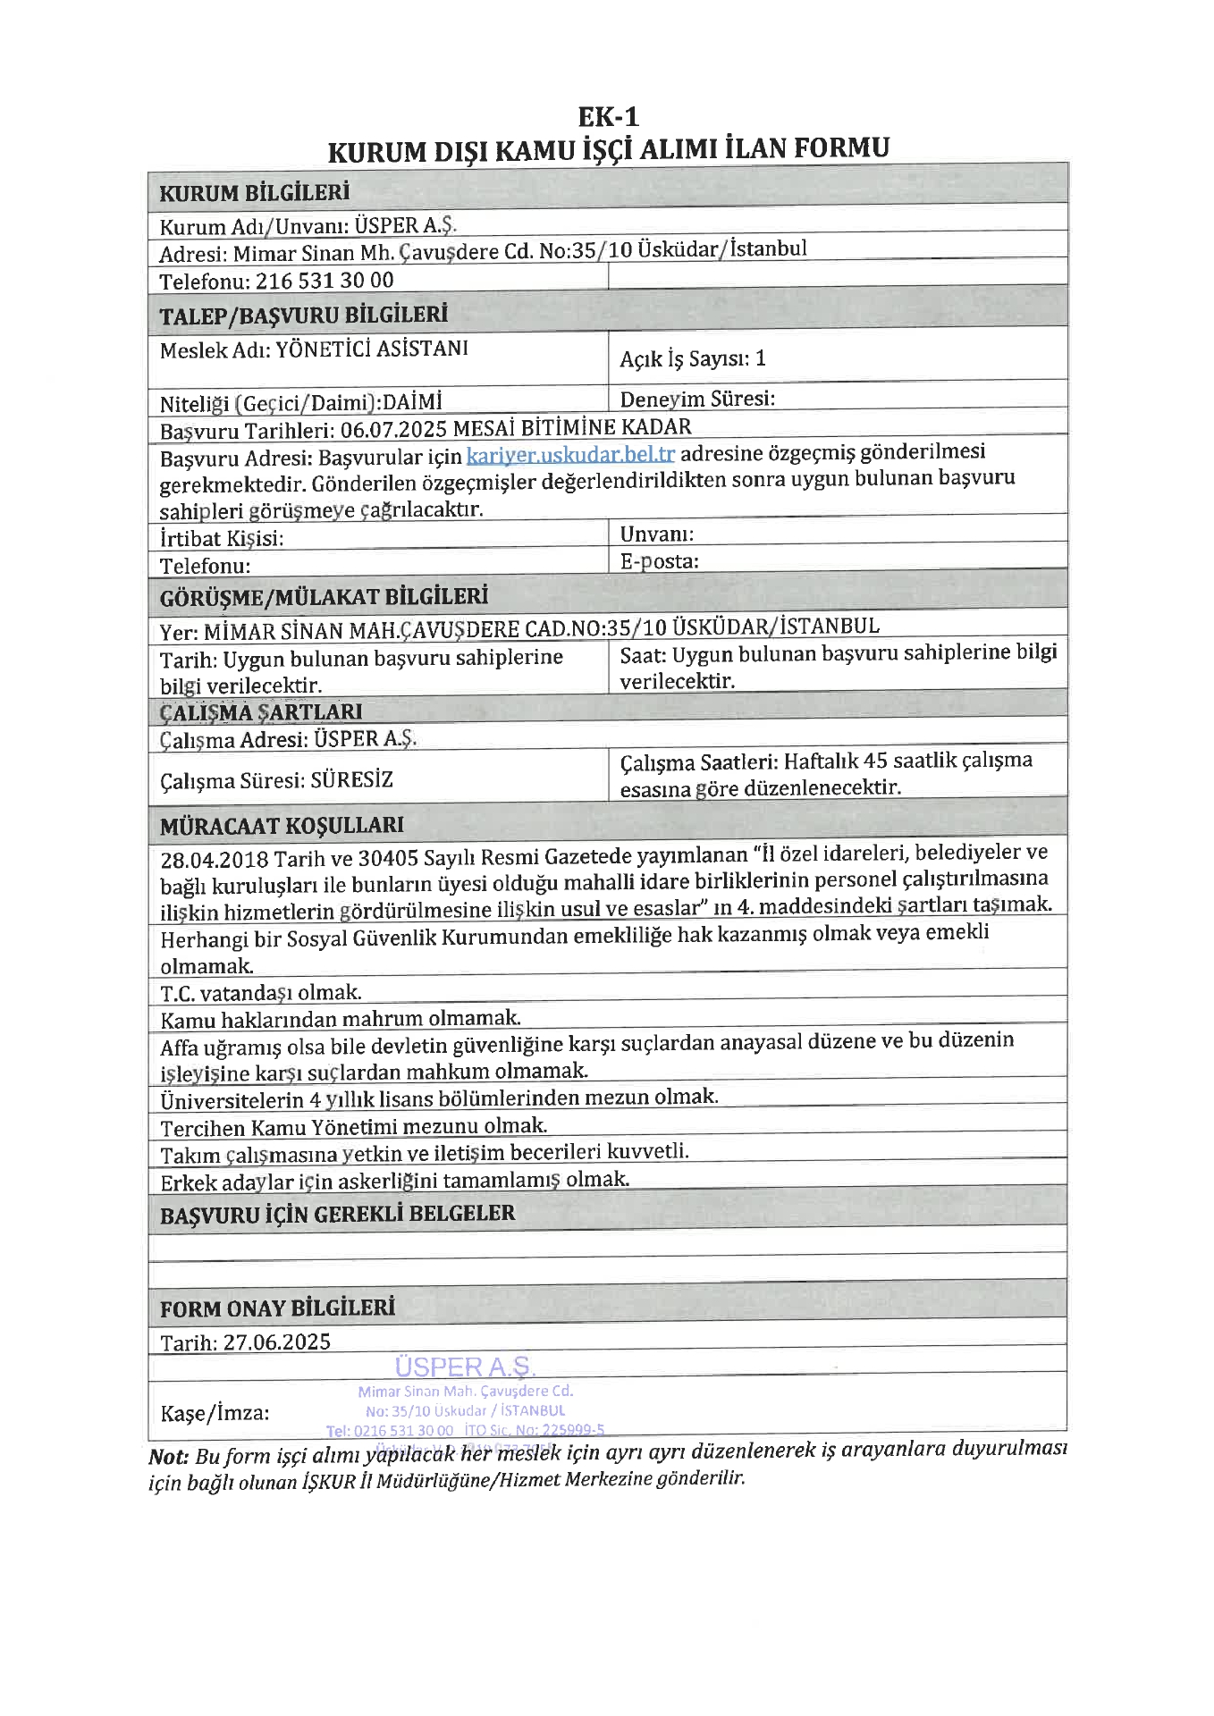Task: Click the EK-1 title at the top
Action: coord(608,117)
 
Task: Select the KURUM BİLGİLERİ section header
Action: coord(254,193)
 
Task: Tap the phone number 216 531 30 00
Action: coord(325,281)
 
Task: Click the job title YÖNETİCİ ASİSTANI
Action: coord(372,349)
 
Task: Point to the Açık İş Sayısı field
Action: coord(693,359)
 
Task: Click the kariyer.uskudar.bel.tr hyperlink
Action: coord(570,455)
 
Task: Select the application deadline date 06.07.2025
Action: coord(393,430)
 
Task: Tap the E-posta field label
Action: coord(659,561)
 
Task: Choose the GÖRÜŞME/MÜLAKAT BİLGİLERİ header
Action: coord(324,598)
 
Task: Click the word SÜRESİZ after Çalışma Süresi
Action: coord(351,780)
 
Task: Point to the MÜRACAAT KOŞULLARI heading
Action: coord(282,826)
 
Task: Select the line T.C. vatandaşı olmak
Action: coord(261,993)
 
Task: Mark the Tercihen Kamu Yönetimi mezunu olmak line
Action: coord(354,1127)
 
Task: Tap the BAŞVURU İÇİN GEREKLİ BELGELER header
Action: coord(337,1215)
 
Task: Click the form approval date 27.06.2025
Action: coord(277,1342)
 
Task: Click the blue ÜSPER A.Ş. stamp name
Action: coord(465,1367)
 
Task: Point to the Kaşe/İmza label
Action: coord(215,1413)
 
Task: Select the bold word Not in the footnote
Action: coord(168,1457)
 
